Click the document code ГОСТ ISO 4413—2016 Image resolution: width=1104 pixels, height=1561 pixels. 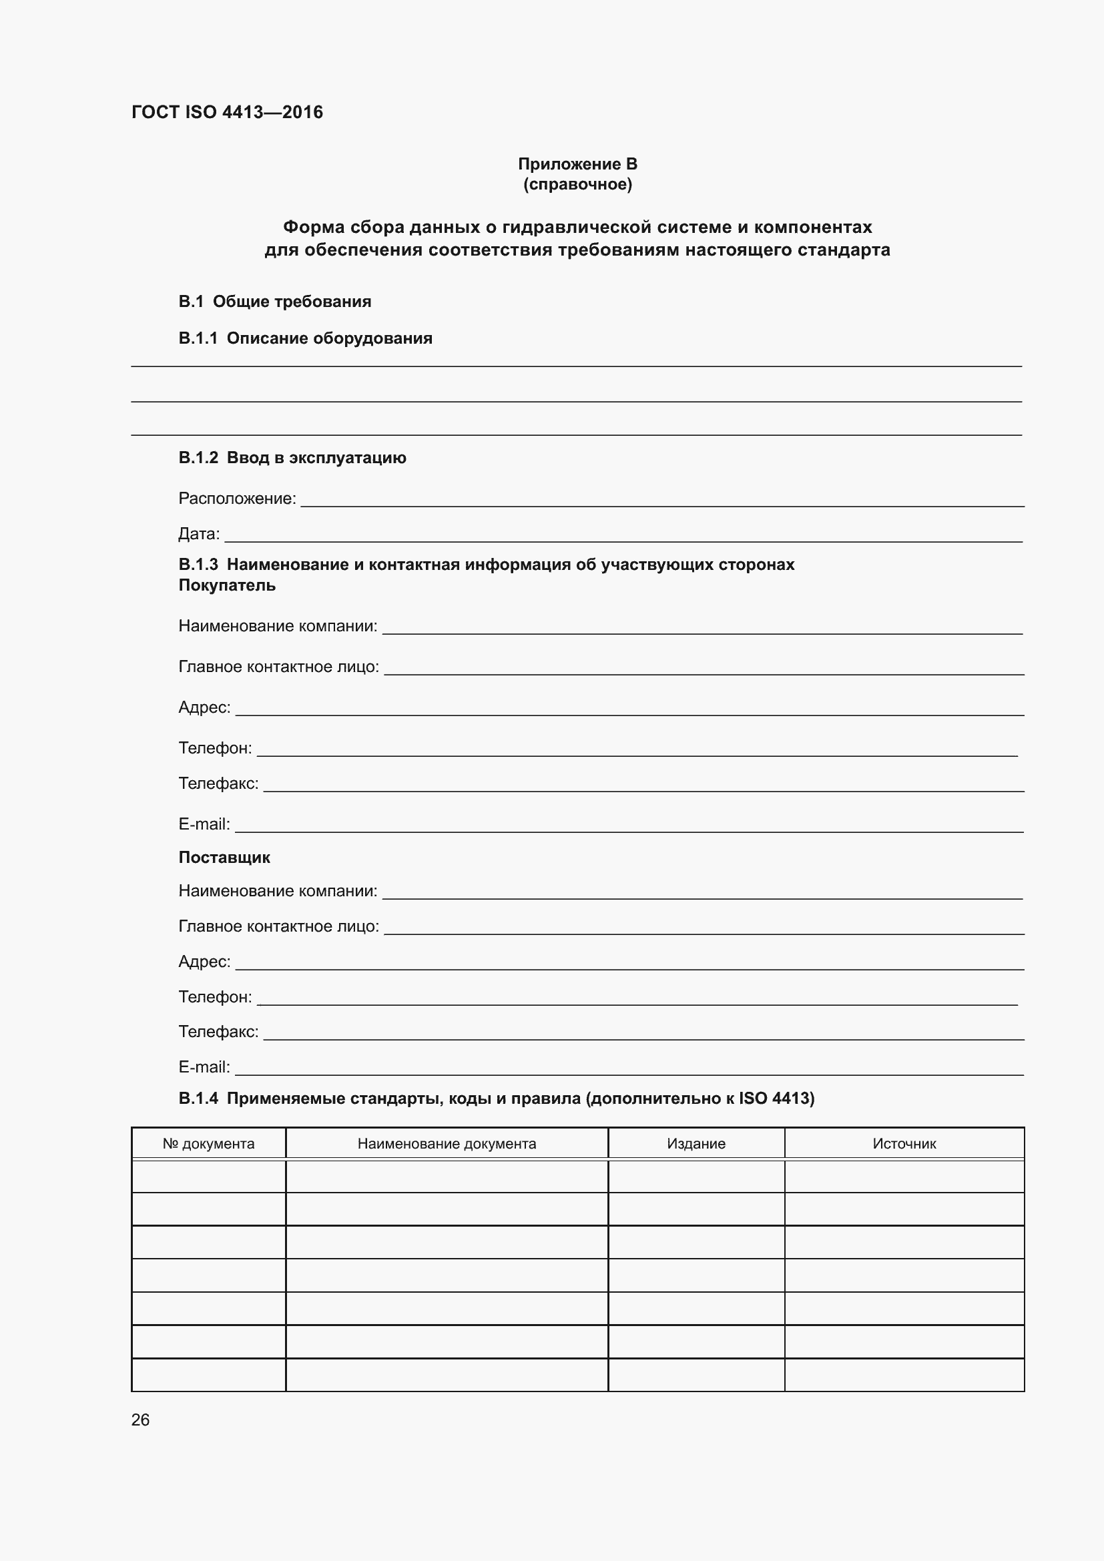227,112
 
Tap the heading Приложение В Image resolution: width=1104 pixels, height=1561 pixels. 577,164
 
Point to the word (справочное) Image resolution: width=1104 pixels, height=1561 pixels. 577,184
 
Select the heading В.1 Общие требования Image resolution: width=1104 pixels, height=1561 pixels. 274,301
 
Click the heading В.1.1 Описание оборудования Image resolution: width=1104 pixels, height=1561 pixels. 305,338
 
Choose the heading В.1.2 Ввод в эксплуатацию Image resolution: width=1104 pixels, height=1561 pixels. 292,458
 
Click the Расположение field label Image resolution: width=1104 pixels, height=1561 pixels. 237,499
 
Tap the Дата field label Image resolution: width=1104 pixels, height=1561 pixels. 199,534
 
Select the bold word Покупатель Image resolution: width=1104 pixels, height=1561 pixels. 227,585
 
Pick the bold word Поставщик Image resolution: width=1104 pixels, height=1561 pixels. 224,858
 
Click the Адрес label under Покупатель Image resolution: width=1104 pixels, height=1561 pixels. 205,707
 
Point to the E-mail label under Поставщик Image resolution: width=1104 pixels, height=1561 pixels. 204,1066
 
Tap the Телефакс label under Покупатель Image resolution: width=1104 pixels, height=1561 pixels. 218,784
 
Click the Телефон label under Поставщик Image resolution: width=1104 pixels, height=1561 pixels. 215,996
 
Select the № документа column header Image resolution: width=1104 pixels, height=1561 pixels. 209,1144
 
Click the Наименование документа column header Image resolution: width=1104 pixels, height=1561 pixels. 447,1144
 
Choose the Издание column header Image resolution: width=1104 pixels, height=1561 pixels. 696,1144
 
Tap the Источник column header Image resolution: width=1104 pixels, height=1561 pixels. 904,1144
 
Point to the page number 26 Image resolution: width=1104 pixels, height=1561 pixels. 141,1420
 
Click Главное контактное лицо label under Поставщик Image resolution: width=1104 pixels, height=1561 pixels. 279,926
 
